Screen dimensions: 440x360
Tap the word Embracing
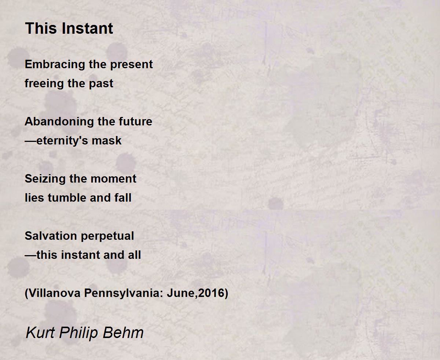pyautogui.click(x=55, y=65)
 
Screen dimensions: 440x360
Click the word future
pyautogui.click(x=135, y=122)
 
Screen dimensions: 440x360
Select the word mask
pyautogui.click(x=106, y=140)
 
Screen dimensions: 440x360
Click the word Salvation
pyautogui.click(x=51, y=236)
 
